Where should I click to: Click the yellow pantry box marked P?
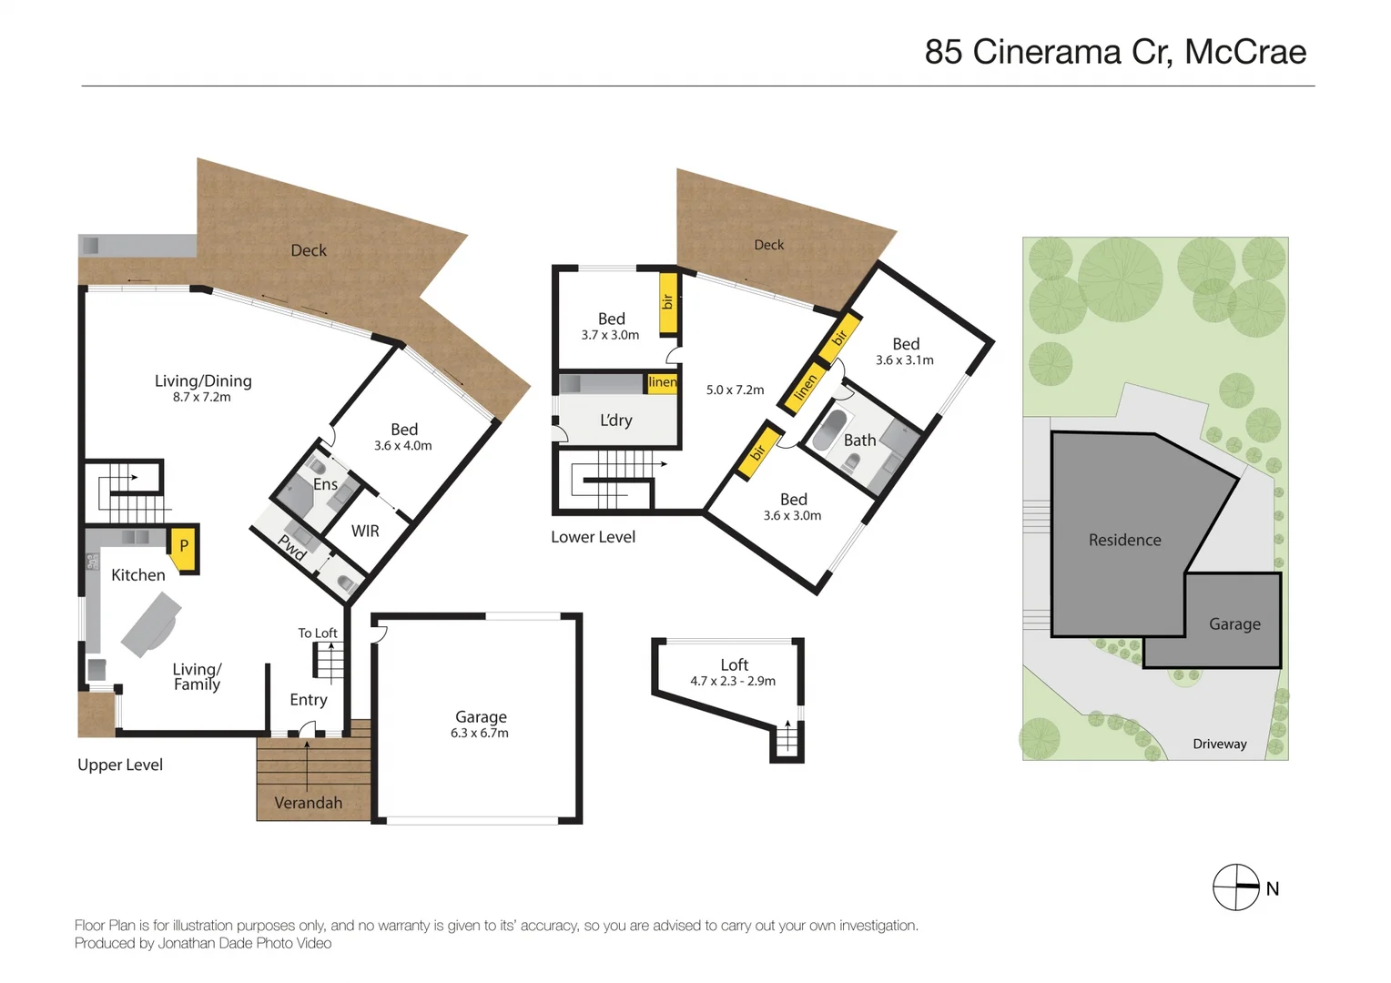click(x=184, y=549)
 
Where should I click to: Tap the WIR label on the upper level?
click(x=365, y=532)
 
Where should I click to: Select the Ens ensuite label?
click(x=325, y=484)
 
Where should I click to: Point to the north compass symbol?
click(x=1236, y=887)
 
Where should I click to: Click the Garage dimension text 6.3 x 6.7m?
click(x=480, y=734)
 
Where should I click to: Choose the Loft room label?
click(x=734, y=665)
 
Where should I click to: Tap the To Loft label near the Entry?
click(x=318, y=633)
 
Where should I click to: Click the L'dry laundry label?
click(x=616, y=421)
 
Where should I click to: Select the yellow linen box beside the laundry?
click(x=662, y=383)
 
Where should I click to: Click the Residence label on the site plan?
click(x=1124, y=540)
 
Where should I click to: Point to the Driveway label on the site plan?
click(x=1219, y=745)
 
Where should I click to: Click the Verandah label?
click(x=309, y=803)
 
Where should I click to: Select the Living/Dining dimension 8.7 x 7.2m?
click(x=202, y=398)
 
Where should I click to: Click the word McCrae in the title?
click(x=1244, y=52)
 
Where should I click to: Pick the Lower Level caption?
click(x=593, y=537)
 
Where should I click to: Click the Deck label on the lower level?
click(x=768, y=245)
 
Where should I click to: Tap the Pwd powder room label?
click(x=292, y=547)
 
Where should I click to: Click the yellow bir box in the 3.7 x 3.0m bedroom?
click(x=667, y=301)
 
